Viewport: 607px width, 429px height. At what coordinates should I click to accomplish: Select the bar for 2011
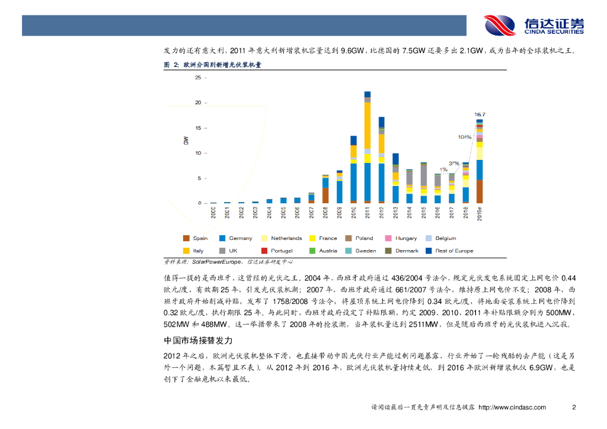[368, 148]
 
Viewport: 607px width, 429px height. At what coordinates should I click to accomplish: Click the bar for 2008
[325, 190]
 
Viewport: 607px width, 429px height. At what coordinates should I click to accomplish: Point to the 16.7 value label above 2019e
[480, 114]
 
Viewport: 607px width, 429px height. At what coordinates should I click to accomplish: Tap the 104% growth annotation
[465, 137]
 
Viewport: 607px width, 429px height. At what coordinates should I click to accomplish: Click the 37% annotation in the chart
[453, 163]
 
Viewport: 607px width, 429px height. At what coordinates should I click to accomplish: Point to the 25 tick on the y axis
[197, 78]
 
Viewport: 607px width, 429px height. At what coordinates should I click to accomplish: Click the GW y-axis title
[186, 140]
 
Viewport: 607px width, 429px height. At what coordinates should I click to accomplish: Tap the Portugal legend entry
[282, 251]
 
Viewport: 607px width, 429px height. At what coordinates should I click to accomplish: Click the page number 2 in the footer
[573, 407]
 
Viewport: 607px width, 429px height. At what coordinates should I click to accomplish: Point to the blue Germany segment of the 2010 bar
[353, 181]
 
